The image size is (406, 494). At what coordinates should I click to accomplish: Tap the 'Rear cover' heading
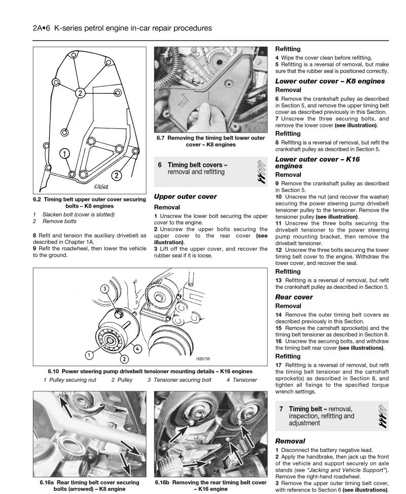pyautogui.click(x=294, y=297)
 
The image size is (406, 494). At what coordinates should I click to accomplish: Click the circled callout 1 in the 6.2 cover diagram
pyautogui.click(x=64, y=152)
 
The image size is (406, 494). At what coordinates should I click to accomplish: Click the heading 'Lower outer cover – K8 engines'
pyautogui.click(x=330, y=81)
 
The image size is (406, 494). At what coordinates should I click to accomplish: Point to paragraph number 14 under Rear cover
pyautogui.click(x=279, y=315)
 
